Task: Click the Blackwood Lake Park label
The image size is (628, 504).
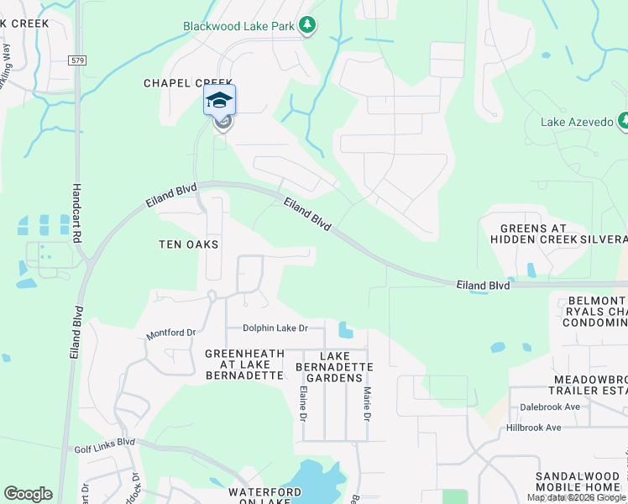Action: point(239,26)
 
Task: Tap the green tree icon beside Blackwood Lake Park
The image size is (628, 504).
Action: point(308,25)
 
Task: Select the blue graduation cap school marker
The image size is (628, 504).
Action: point(220,100)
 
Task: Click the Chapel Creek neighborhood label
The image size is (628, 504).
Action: point(188,83)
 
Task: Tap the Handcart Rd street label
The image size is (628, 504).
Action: point(76,213)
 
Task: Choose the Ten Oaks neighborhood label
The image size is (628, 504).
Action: point(189,244)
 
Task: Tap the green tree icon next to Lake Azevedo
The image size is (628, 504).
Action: point(622,122)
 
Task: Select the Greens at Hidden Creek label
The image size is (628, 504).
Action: point(533,234)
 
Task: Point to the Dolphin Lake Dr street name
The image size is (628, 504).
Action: point(275,328)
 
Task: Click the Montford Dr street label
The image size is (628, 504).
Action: point(170,333)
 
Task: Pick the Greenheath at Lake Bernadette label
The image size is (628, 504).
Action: point(244,365)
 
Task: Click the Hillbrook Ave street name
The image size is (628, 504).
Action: point(533,428)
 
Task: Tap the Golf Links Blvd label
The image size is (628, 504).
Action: point(104,442)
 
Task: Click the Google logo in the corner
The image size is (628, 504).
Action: point(28,494)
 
